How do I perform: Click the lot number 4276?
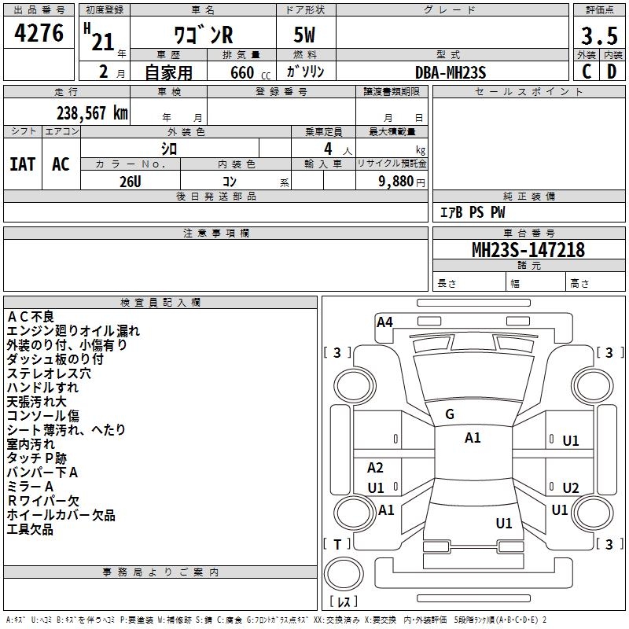(39, 33)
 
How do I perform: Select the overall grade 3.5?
(599, 35)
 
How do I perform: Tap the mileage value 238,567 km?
(92, 113)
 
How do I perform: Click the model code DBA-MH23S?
(451, 72)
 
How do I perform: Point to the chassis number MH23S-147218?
(528, 250)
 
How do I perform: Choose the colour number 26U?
(131, 182)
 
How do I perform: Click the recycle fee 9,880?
(396, 182)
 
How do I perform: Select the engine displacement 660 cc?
(250, 72)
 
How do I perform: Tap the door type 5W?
(304, 35)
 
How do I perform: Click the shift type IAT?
(22, 164)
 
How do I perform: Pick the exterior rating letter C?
(587, 72)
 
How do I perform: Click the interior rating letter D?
(612, 72)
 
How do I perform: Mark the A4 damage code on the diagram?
(384, 322)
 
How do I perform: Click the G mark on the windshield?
(450, 414)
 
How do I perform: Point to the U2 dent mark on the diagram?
(571, 487)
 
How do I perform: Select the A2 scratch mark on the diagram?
(375, 467)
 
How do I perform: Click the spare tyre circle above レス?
(344, 573)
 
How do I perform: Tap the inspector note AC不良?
(31, 317)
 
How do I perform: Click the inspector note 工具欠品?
(30, 529)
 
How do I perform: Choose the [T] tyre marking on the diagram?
(337, 544)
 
